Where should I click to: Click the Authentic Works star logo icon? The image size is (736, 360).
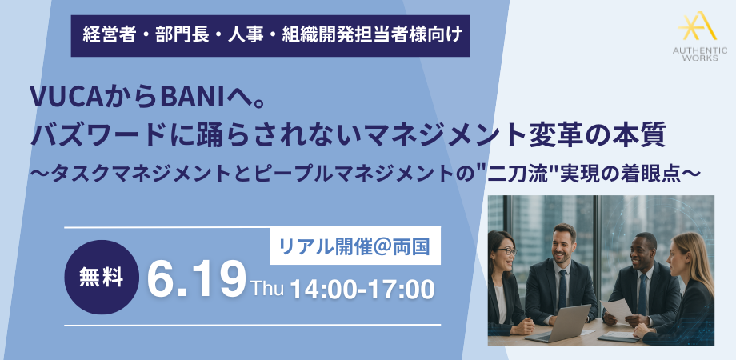tap(697, 26)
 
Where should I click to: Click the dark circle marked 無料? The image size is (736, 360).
tap(102, 278)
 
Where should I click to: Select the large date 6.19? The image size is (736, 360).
tap(196, 280)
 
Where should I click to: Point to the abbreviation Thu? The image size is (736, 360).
tap(267, 288)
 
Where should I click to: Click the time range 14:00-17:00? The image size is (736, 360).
tap(362, 290)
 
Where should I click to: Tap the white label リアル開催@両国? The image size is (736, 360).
tap(355, 246)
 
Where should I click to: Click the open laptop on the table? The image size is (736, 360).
tap(558, 323)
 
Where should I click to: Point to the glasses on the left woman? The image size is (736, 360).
tap(506, 251)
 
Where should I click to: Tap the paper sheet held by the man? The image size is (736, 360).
tap(616, 310)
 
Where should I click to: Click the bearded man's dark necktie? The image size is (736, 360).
tap(562, 290)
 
